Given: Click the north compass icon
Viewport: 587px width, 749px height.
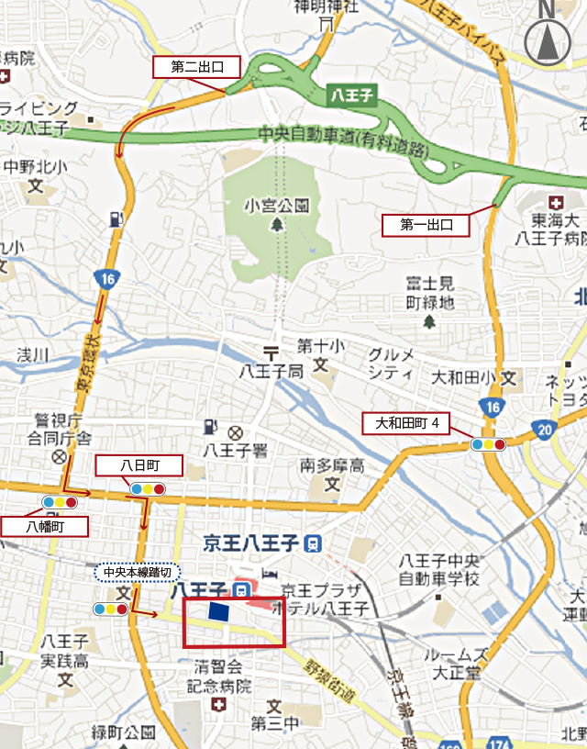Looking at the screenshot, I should pos(547,40).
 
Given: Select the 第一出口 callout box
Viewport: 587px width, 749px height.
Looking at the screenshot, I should pos(426,224).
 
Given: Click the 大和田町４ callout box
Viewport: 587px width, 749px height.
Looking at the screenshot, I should pos(414,423).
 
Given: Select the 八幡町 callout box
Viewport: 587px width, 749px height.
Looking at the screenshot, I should pos(44,526).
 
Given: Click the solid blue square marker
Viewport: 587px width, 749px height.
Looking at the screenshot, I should pos(218,612).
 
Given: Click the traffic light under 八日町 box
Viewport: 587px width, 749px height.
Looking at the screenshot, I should pos(147,488).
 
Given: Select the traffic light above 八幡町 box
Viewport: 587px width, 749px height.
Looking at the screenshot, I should pos(58,503).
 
